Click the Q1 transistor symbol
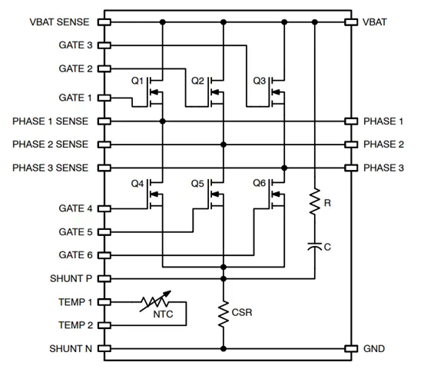[155, 92]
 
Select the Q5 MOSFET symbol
[217, 194]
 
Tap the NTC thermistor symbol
[155, 301]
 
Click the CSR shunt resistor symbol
[224, 314]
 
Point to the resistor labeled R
[315, 201]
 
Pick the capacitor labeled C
[315, 246]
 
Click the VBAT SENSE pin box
[104, 22]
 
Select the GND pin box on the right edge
[351, 349]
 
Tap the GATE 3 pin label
[76, 45]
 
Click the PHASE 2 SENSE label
[50, 145]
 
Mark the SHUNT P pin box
[104, 278]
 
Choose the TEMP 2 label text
[76, 325]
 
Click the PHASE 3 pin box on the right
[351, 168]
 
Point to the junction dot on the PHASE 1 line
[163, 121]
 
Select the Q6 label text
[260, 183]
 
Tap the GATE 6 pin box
[104, 255]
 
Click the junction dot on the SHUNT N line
[224, 349]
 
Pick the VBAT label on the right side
[375, 22]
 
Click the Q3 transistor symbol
[277, 92]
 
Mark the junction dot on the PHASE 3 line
[284, 168]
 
